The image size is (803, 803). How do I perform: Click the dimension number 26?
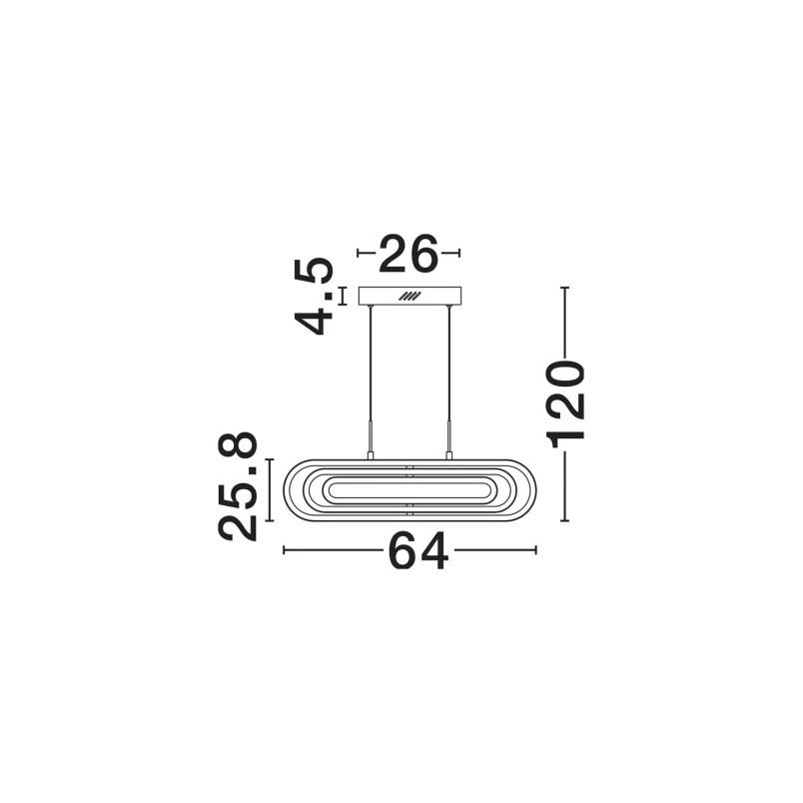click(408, 253)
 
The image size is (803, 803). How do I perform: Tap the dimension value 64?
click(418, 551)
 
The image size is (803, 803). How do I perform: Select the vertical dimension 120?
click(566, 404)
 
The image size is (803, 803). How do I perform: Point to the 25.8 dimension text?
click(238, 486)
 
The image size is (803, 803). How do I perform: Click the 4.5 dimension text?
click(314, 297)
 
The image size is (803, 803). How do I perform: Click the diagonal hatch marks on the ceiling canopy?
click(409, 296)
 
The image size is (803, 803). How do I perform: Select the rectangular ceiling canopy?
click(409, 296)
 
